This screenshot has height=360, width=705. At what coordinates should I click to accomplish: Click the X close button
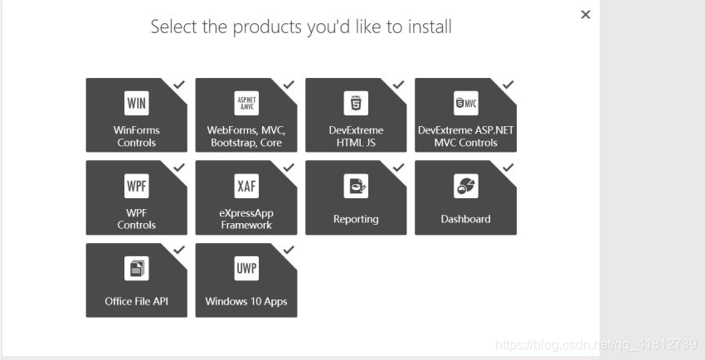point(586,15)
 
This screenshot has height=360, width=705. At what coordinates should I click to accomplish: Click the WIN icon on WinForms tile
point(136,104)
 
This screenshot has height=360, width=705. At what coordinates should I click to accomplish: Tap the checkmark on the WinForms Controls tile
point(179,85)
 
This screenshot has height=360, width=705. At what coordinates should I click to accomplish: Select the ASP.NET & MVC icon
point(246,104)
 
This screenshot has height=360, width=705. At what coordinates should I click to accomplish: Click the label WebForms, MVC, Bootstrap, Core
point(246,136)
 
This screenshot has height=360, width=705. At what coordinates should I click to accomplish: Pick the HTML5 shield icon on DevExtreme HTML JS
point(356,104)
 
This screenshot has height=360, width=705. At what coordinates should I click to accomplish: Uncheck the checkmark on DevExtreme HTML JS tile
point(398,85)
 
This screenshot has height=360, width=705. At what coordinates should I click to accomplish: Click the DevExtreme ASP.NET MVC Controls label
point(465,136)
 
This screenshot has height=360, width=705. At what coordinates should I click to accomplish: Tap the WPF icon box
point(136,186)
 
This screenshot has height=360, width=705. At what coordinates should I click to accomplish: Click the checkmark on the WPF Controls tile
point(179,167)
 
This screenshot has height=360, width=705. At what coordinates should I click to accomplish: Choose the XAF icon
point(246,186)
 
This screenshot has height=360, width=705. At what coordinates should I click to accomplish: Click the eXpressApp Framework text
point(246,219)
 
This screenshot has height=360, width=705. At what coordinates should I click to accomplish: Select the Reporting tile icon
point(356,186)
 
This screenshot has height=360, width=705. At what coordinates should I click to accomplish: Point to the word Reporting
point(356,219)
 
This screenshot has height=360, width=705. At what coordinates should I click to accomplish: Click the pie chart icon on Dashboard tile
point(465,186)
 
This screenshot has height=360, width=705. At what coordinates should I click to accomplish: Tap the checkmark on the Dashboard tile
point(508,167)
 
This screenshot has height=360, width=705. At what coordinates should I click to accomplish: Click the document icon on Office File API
point(136,269)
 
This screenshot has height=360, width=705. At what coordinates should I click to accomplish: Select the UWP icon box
point(246,269)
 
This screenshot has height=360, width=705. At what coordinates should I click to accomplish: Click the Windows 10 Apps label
point(246,301)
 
